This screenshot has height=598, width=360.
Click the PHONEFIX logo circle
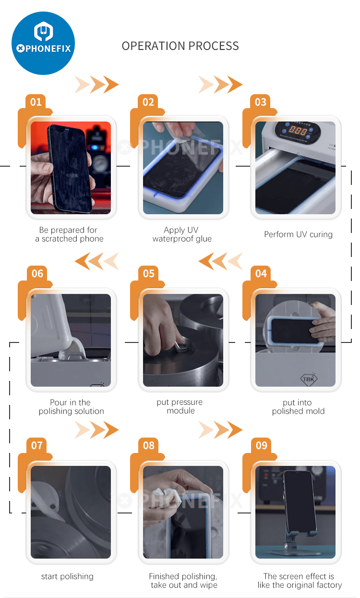tap(43, 43)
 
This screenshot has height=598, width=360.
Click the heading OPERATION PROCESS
tap(180, 46)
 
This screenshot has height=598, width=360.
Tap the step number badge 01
tap(36, 102)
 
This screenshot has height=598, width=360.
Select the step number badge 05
tap(149, 273)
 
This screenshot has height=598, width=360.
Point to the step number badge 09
tap(261, 445)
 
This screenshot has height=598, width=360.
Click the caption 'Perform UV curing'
tap(299, 234)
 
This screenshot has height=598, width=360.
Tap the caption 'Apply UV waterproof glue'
tap(182, 234)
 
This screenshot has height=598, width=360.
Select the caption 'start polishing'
tap(67, 576)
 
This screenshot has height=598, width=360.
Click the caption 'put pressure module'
tap(180, 406)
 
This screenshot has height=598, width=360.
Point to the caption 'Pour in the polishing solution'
tap(71, 406)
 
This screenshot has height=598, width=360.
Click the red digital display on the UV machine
tap(298, 131)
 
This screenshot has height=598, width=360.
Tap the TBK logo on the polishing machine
tap(309, 379)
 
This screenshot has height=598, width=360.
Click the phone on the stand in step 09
tap(299, 502)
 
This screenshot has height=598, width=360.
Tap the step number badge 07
tap(36, 445)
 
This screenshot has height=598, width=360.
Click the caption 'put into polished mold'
tap(298, 406)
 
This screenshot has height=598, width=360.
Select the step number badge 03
tap(261, 102)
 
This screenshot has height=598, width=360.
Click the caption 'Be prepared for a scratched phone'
tap(69, 234)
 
